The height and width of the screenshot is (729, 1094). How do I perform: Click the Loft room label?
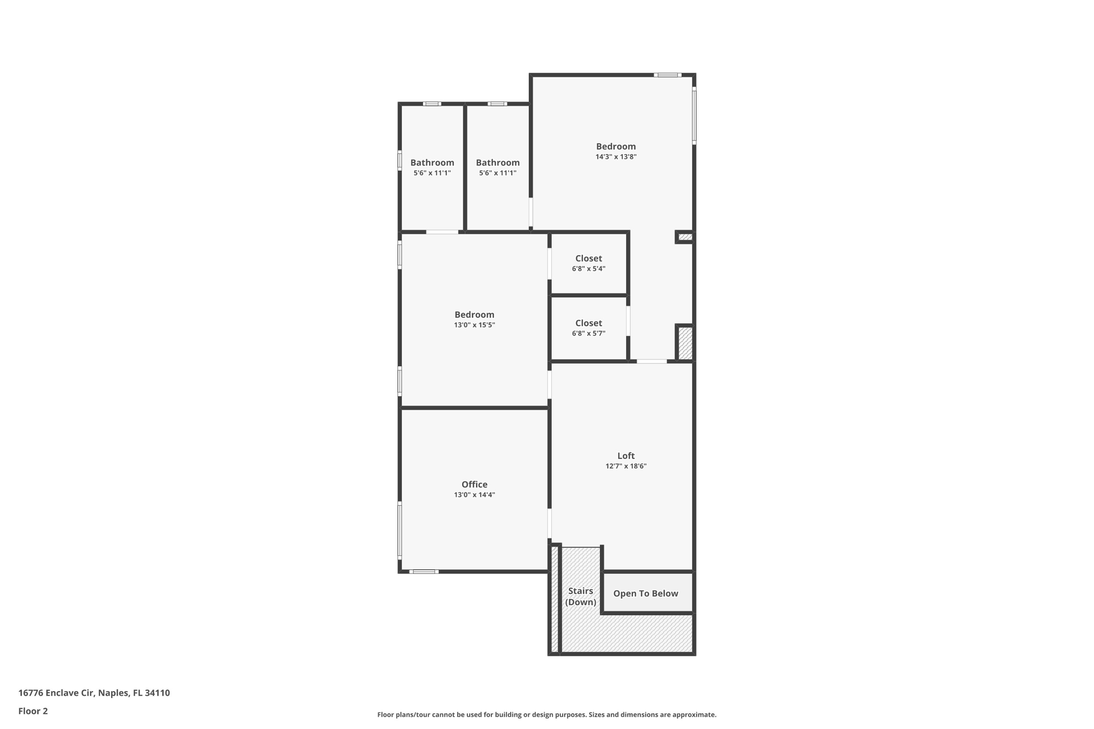click(x=626, y=456)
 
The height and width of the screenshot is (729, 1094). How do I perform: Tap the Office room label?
click(x=474, y=484)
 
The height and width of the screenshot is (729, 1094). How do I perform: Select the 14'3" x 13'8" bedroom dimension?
click(x=616, y=157)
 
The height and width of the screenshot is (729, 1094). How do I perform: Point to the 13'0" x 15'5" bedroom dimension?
click(x=474, y=325)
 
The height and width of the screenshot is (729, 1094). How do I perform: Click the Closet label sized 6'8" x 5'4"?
click(x=588, y=258)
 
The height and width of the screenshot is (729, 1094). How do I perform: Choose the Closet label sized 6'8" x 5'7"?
click(x=588, y=323)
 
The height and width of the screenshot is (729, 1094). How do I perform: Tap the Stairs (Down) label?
click(x=581, y=597)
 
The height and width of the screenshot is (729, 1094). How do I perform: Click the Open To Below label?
click(x=645, y=593)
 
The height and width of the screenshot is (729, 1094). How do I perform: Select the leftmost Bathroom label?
click(x=432, y=162)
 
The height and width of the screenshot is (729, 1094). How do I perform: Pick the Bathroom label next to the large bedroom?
click(x=497, y=162)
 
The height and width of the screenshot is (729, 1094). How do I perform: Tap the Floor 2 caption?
click(x=33, y=711)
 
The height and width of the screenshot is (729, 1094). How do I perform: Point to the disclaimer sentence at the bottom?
click(x=546, y=715)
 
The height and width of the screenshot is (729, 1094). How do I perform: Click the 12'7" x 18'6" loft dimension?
click(x=626, y=466)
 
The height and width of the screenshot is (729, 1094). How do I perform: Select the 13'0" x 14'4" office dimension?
click(x=474, y=495)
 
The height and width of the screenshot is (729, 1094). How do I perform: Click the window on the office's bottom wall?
click(x=424, y=571)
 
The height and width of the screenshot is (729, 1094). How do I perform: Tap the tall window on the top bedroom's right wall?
click(x=694, y=115)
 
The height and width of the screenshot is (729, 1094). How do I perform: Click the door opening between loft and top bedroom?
click(x=652, y=362)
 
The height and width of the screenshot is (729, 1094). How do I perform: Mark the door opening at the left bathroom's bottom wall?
click(x=442, y=232)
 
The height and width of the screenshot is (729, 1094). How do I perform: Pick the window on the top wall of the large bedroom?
click(x=667, y=75)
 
